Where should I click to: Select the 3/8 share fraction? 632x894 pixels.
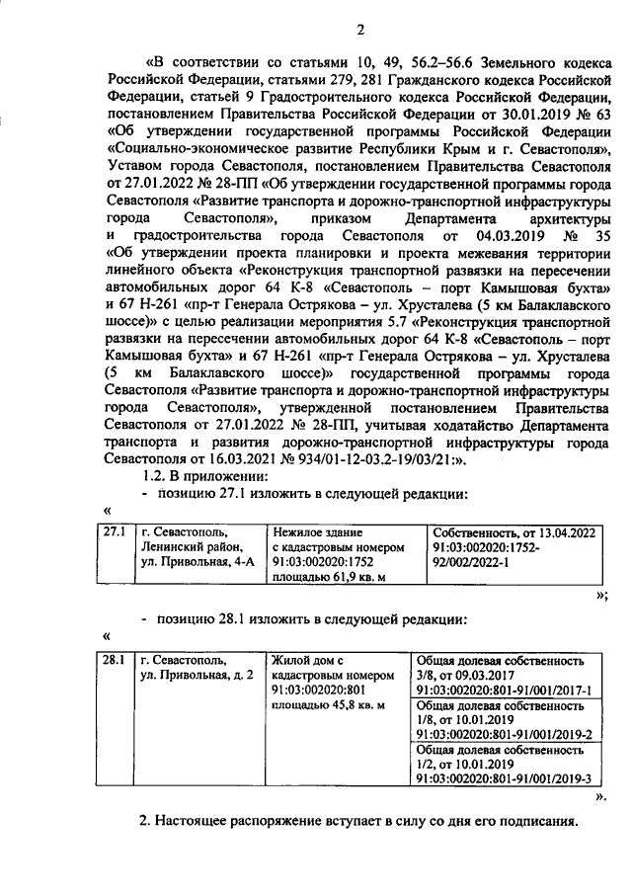click(x=428, y=675)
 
